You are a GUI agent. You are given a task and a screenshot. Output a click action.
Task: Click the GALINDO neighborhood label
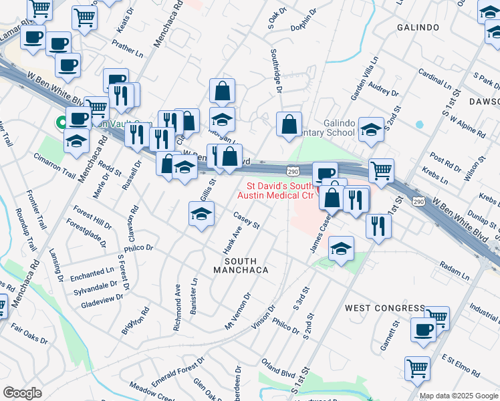[418, 27]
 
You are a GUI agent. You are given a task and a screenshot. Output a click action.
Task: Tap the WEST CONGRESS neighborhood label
[384, 308]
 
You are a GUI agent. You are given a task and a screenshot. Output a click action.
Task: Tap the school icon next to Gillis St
[201, 214]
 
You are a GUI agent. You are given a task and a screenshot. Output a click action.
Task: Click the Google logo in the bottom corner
[22, 393]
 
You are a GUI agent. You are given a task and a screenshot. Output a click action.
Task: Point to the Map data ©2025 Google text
[459, 396]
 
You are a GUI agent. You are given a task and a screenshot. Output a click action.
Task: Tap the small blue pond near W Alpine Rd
[419, 124]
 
